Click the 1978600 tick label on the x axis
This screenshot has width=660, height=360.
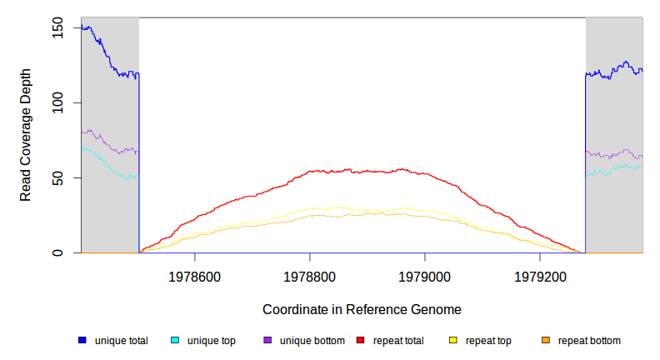[x=194, y=274]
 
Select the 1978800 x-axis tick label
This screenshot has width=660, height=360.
[x=310, y=274]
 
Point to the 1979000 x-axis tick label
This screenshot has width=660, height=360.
[x=425, y=274]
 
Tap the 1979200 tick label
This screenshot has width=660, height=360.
[x=540, y=274]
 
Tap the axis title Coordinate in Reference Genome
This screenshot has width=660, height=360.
[x=362, y=309]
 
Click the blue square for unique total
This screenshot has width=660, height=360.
[x=82, y=340]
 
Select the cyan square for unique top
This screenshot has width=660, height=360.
[x=175, y=340]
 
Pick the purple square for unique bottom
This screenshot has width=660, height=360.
[x=267, y=340]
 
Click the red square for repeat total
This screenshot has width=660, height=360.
[x=360, y=340]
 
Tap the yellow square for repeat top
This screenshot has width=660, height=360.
[x=453, y=340]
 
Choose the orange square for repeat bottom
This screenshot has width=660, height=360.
[x=546, y=340]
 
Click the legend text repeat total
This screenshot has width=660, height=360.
[x=392, y=340]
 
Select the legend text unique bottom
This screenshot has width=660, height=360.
[x=312, y=340]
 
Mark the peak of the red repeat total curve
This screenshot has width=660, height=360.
[x=402, y=169]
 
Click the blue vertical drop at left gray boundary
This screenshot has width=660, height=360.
[x=138, y=167]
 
